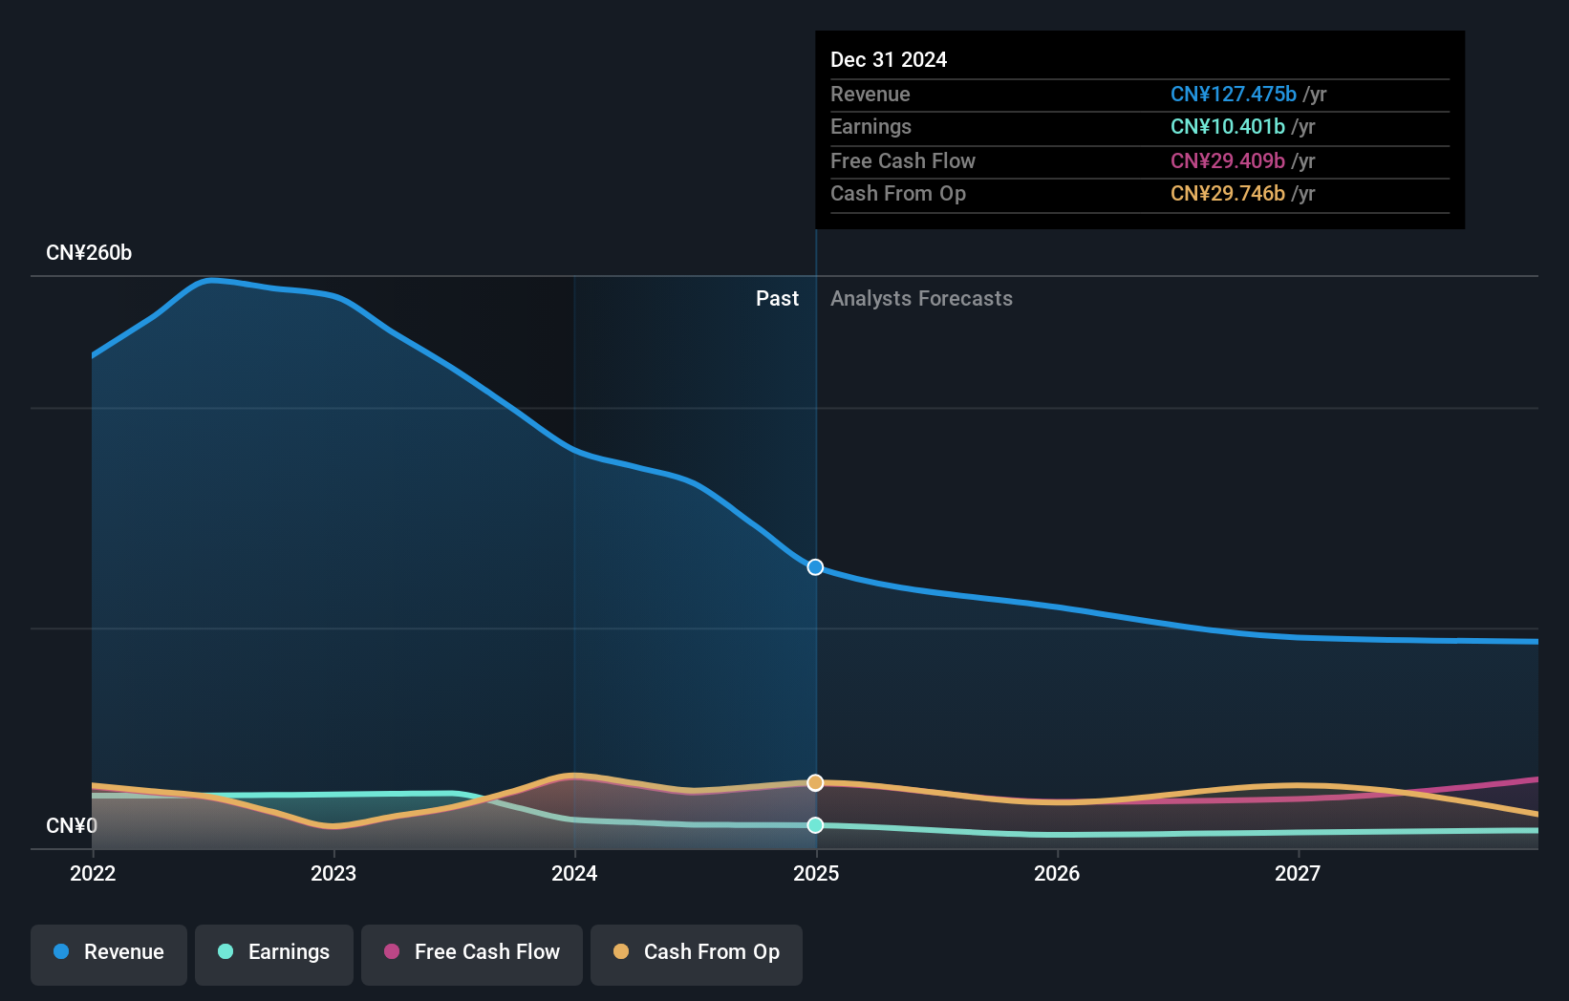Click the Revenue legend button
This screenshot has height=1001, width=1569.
[109, 953]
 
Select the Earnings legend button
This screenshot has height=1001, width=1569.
[274, 953]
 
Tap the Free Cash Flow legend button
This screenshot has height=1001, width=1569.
[472, 953]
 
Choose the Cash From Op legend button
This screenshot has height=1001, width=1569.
[697, 953]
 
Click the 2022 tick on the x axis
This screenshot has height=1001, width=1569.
[93, 873]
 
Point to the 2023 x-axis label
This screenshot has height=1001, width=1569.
[333, 873]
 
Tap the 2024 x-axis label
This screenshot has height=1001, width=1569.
[574, 873]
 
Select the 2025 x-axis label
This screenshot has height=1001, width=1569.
[816, 873]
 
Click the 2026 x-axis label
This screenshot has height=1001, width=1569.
[1057, 873]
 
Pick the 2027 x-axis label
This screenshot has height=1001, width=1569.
[1298, 873]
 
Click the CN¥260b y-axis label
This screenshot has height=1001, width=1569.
[89, 253]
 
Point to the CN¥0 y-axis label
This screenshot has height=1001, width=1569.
[72, 825]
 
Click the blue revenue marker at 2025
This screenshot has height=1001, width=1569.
[815, 567]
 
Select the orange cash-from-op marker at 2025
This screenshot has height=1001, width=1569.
[815, 783]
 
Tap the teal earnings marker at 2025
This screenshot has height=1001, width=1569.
[815, 825]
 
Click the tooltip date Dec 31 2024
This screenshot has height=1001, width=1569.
[889, 60]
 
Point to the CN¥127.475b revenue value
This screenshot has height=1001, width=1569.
[1233, 95]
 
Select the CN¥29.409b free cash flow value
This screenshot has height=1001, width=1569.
[1227, 161]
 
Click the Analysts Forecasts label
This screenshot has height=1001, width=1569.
[921, 299]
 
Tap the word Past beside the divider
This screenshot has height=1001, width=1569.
[777, 299]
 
